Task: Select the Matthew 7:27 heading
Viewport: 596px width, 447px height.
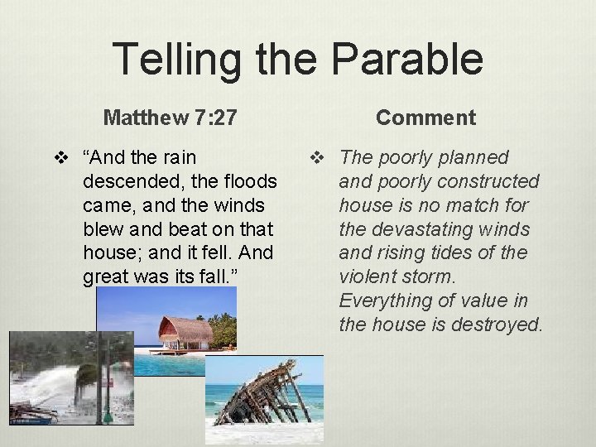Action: [171, 118]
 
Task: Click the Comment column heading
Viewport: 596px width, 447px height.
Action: [425, 118]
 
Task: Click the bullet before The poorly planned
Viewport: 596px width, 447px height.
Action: [315, 157]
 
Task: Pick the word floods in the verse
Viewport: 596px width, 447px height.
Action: [248, 181]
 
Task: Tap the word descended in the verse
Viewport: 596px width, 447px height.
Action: [131, 181]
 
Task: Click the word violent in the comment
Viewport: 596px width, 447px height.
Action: [368, 276]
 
